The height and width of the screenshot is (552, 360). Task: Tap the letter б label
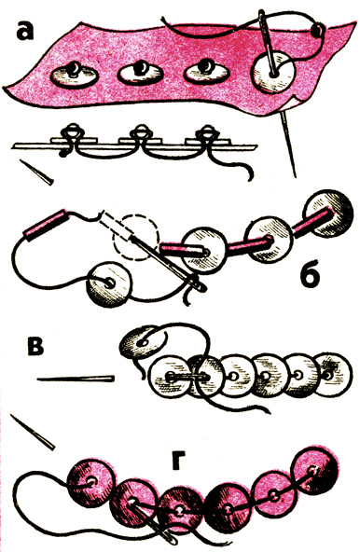tap(311, 273)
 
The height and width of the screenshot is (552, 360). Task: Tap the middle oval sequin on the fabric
tap(140, 74)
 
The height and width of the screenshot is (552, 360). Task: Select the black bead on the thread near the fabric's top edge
tap(318, 30)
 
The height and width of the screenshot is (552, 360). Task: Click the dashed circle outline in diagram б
tap(134, 239)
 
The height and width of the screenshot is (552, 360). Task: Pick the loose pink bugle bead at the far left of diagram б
tap(45, 225)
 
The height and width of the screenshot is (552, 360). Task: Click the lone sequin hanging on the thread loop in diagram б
tap(110, 284)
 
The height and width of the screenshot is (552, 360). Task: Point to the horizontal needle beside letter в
tap(76, 379)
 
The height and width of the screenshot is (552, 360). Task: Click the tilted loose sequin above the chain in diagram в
tap(142, 341)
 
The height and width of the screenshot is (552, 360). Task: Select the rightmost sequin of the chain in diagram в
tap(332, 374)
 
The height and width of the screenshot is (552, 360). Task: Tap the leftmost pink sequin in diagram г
tap(91, 481)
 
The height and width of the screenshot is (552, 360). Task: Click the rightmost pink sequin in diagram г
tap(314, 470)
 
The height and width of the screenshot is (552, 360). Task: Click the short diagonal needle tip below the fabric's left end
tap(36, 172)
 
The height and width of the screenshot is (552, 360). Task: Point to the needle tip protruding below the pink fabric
tap(289, 145)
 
